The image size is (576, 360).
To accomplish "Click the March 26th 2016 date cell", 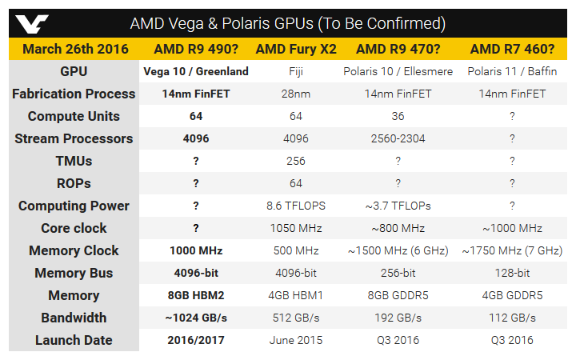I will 74,49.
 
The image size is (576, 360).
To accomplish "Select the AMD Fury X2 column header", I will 296,49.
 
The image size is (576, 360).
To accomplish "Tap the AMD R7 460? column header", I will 512,49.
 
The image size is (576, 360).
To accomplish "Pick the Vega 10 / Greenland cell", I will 196,71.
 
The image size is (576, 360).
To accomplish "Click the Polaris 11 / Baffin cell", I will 512,71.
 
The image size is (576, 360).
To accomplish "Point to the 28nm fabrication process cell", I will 296,94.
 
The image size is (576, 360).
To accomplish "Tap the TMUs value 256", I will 296,161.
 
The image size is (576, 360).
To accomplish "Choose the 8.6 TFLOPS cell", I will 296,206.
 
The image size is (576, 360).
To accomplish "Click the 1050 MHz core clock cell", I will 296,228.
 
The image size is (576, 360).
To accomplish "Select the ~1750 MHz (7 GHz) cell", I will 512,250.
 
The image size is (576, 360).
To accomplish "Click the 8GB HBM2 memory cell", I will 196,295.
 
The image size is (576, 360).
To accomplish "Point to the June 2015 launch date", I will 296,340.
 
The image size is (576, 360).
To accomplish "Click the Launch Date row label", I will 74,340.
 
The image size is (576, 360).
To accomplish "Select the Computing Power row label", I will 74,206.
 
